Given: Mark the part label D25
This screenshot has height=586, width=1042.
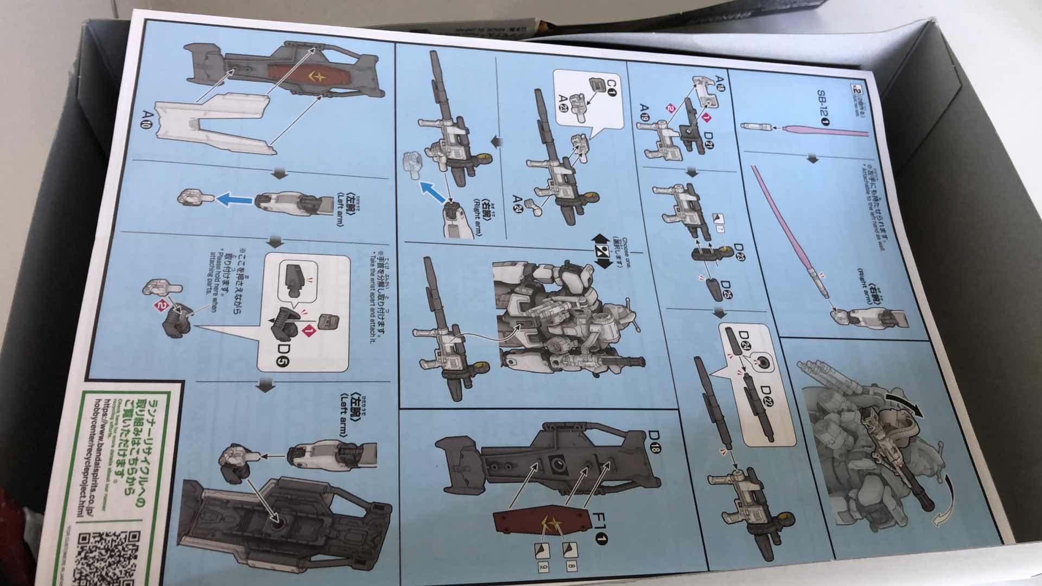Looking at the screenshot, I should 726,291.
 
